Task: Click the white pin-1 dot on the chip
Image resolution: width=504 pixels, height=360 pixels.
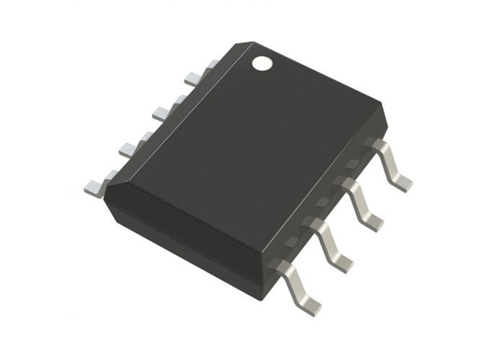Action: pos(261,64)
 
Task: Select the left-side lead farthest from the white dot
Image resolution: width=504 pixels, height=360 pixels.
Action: pos(95,186)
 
